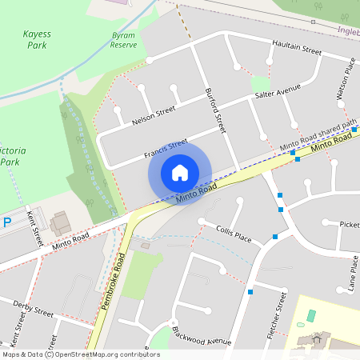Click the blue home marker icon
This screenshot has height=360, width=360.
pyautogui.click(x=180, y=173)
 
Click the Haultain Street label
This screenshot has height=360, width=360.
pyautogui.click(x=296, y=49)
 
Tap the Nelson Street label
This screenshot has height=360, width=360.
pyautogui.click(x=153, y=118)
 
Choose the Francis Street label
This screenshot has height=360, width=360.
pyautogui.click(x=166, y=148)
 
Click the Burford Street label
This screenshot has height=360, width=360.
pyautogui.click(x=215, y=111)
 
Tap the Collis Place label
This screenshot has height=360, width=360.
pyautogui.click(x=234, y=234)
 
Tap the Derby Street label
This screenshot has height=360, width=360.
pyautogui.click(x=33, y=309)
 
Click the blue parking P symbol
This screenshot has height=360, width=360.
pyautogui.click(x=7, y=223)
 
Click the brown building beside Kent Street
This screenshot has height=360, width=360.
pyautogui.click(x=59, y=223)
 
